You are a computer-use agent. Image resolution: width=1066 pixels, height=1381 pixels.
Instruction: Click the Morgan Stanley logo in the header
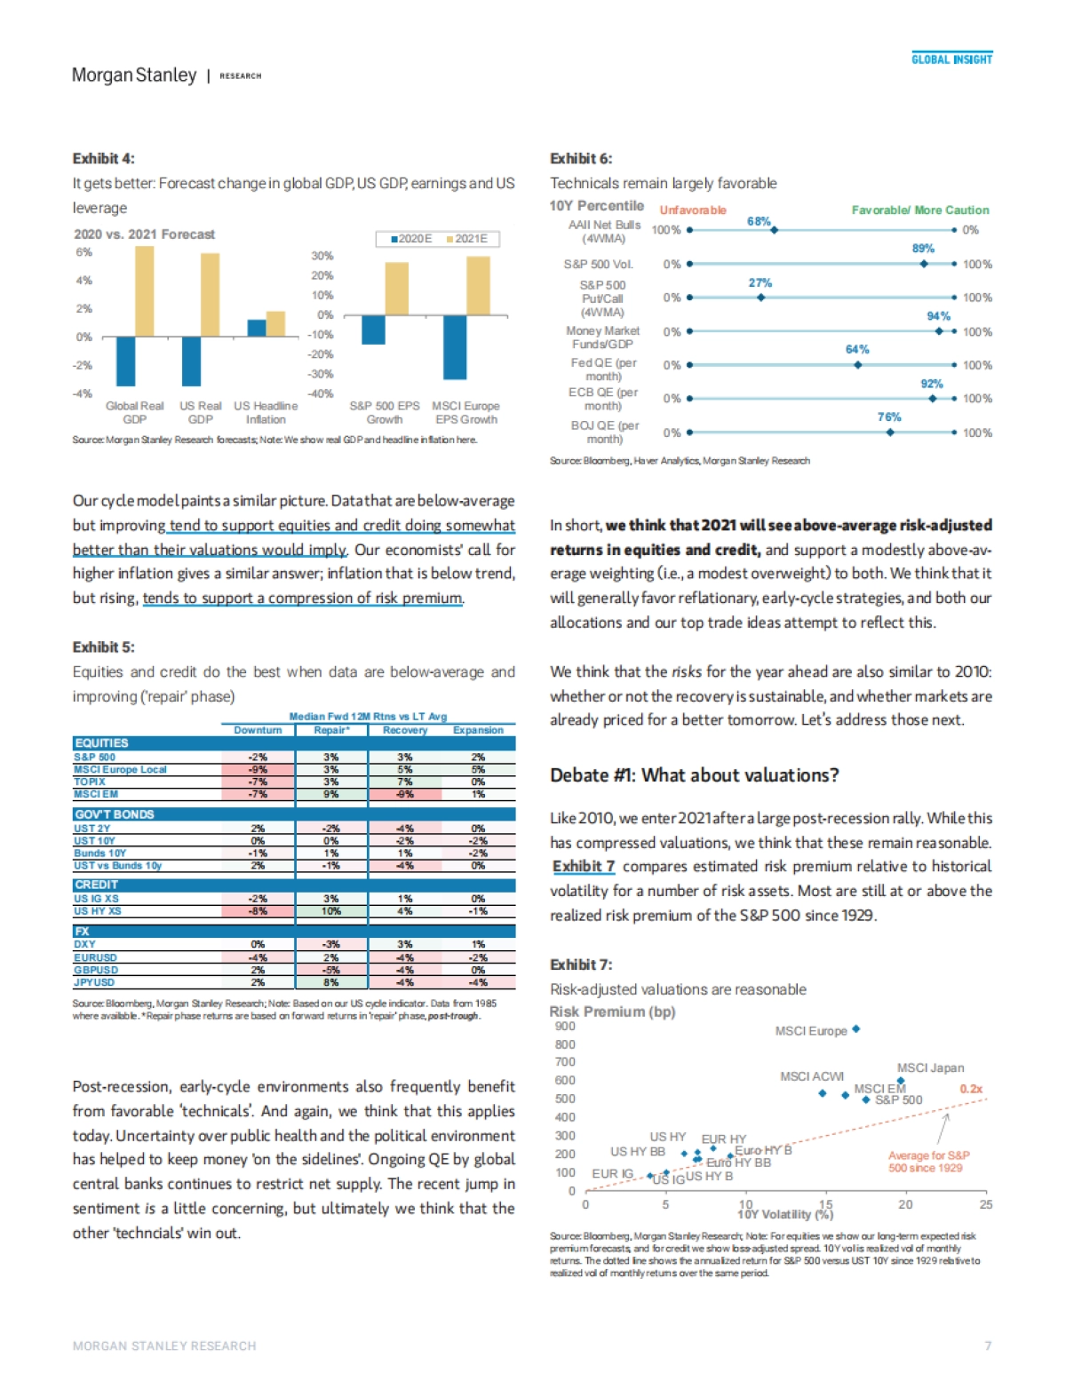click(134, 75)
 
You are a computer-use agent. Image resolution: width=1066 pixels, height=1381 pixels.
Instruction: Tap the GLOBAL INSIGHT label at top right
click(951, 60)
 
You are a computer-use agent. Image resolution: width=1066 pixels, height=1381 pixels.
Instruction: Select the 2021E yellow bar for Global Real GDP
click(144, 290)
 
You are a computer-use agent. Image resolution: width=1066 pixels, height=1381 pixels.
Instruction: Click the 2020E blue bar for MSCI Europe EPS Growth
click(455, 346)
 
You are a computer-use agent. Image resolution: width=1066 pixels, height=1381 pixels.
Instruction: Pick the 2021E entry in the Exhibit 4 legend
click(467, 239)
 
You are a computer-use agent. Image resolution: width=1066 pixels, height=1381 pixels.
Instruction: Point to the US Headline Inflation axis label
click(266, 412)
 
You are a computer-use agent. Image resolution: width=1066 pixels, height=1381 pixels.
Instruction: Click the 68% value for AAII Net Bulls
click(759, 221)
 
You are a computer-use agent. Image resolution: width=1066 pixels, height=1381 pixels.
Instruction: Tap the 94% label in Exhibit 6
click(938, 316)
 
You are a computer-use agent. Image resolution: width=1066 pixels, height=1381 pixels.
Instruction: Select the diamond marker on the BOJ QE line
click(890, 433)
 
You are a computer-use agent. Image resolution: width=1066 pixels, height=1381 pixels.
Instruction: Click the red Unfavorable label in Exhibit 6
click(693, 210)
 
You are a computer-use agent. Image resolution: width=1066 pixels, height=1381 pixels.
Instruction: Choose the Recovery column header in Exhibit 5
click(405, 730)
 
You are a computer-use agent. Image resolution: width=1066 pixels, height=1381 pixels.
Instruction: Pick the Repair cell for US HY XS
click(330, 911)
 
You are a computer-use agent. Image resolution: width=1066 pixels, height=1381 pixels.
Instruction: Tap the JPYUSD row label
click(94, 982)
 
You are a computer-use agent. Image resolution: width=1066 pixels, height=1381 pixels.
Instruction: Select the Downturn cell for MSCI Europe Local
click(258, 770)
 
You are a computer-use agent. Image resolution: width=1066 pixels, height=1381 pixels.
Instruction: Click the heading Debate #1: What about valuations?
click(694, 775)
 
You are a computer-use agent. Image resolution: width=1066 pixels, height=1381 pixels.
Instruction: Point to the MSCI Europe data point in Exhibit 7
click(855, 1029)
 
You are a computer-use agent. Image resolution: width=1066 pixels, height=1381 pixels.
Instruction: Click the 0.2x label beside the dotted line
click(971, 1089)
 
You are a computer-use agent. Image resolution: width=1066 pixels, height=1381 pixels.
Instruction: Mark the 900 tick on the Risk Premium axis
click(565, 1026)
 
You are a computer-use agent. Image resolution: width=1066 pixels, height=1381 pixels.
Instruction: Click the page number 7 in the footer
click(988, 1345)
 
